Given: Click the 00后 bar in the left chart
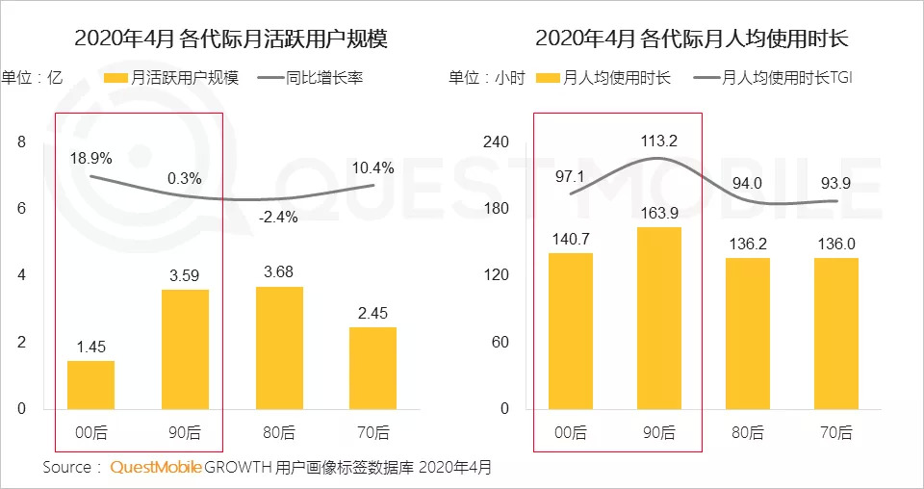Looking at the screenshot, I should pyautogui.click(x=90, y=385).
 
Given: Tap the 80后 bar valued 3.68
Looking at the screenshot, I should pyautogui.click(x=279, y=347).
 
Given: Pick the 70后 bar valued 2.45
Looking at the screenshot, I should pyautogui.click(x=372, y=368).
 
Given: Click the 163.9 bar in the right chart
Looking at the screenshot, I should pyautogui.click(x=658, y=318).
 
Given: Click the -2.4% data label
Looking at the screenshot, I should pyautogui.click(x=279, y=218).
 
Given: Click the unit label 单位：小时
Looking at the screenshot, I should pyautogui.click(x=487, y=77).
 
